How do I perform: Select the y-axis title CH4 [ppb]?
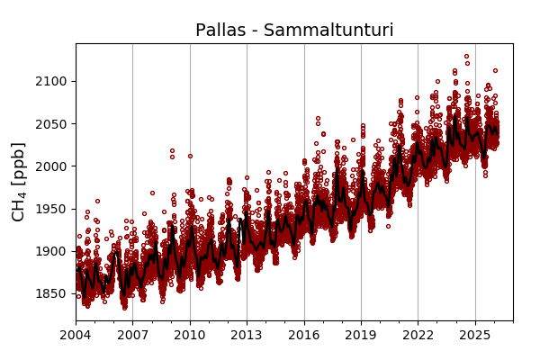(x=19, y=182)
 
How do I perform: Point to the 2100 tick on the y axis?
(x=51, y=81)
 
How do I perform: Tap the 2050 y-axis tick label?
(x=51, y=124)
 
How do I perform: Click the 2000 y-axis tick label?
(x=51, y=166)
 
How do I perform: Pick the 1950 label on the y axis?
(x=51, y=209)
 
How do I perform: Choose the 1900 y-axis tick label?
(x=51, y=251)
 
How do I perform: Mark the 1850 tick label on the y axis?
(x=51, y=293)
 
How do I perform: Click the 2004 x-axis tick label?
(x=76, y=336)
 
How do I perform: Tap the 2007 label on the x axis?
(x=132, y=336)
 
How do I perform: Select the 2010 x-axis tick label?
(x=190, y=336)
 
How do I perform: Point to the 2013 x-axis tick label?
(x=247, y=336)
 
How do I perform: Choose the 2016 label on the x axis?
(x=304, y=336)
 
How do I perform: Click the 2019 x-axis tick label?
(x=361, y=336)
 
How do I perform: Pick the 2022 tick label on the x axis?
(x=418, y=336)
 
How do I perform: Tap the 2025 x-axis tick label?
(x=474, y=336)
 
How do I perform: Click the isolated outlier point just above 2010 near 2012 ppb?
(x=190, y=156)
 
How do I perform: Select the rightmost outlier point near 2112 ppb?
(x=495, y=70)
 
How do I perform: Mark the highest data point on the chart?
(x=466, y=56)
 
